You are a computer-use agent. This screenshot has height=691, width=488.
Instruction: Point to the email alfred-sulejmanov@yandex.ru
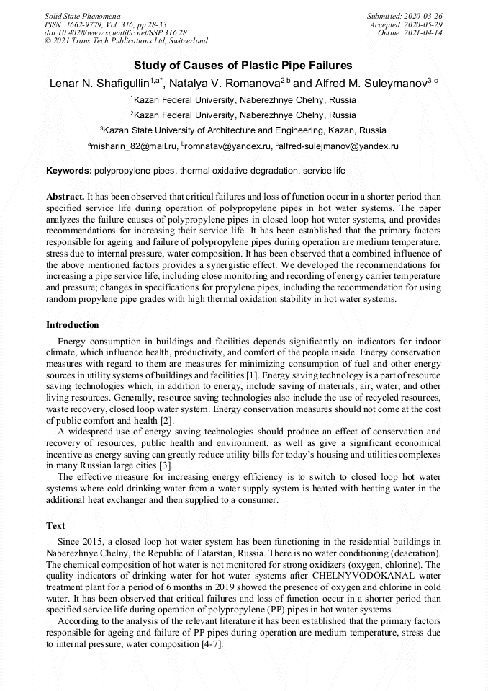[339, 146]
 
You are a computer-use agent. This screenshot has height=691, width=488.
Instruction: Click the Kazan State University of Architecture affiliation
[244, 130]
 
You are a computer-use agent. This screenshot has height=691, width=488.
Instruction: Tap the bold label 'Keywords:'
[68, 171]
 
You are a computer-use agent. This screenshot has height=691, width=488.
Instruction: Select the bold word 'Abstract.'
[65, 197]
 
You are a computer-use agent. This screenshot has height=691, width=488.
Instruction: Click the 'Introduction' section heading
[73, 325]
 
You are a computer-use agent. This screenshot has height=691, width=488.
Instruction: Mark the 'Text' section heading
[55, 526]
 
